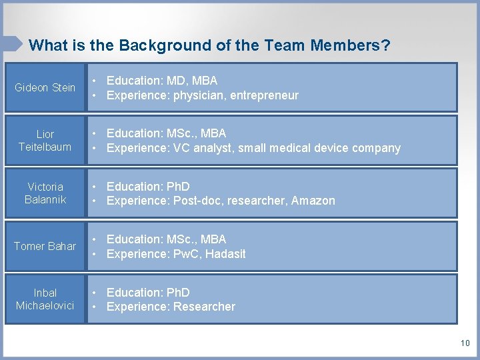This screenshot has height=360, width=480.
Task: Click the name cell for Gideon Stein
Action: pyautogui.click(x=45, y=87)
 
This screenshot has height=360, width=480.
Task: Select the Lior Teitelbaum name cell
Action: pyautogui.click(x=45, y=140)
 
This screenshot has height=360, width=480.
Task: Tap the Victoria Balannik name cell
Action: pyautogui.click(x=45, y=193)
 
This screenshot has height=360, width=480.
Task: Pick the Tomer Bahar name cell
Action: pyautogui.click(x=45, y=246)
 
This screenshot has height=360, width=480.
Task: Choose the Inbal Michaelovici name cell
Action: pyautogui.click(x=45, y=299)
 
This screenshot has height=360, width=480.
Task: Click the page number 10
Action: pyautogui.click(x=465, y=343)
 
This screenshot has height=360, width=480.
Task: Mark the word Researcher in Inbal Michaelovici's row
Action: pyautogui.click(x=204, y=307)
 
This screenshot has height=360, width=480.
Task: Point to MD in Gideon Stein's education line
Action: pyautogui.click(x=176, y=81)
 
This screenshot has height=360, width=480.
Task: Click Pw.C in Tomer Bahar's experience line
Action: pyautogui.click(x=187, y=253)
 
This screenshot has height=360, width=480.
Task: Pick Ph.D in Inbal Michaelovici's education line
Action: pyautogui.click(x=178, y=292)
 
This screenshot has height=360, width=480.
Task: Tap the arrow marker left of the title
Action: pyautogui.click(x=12, y=43)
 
